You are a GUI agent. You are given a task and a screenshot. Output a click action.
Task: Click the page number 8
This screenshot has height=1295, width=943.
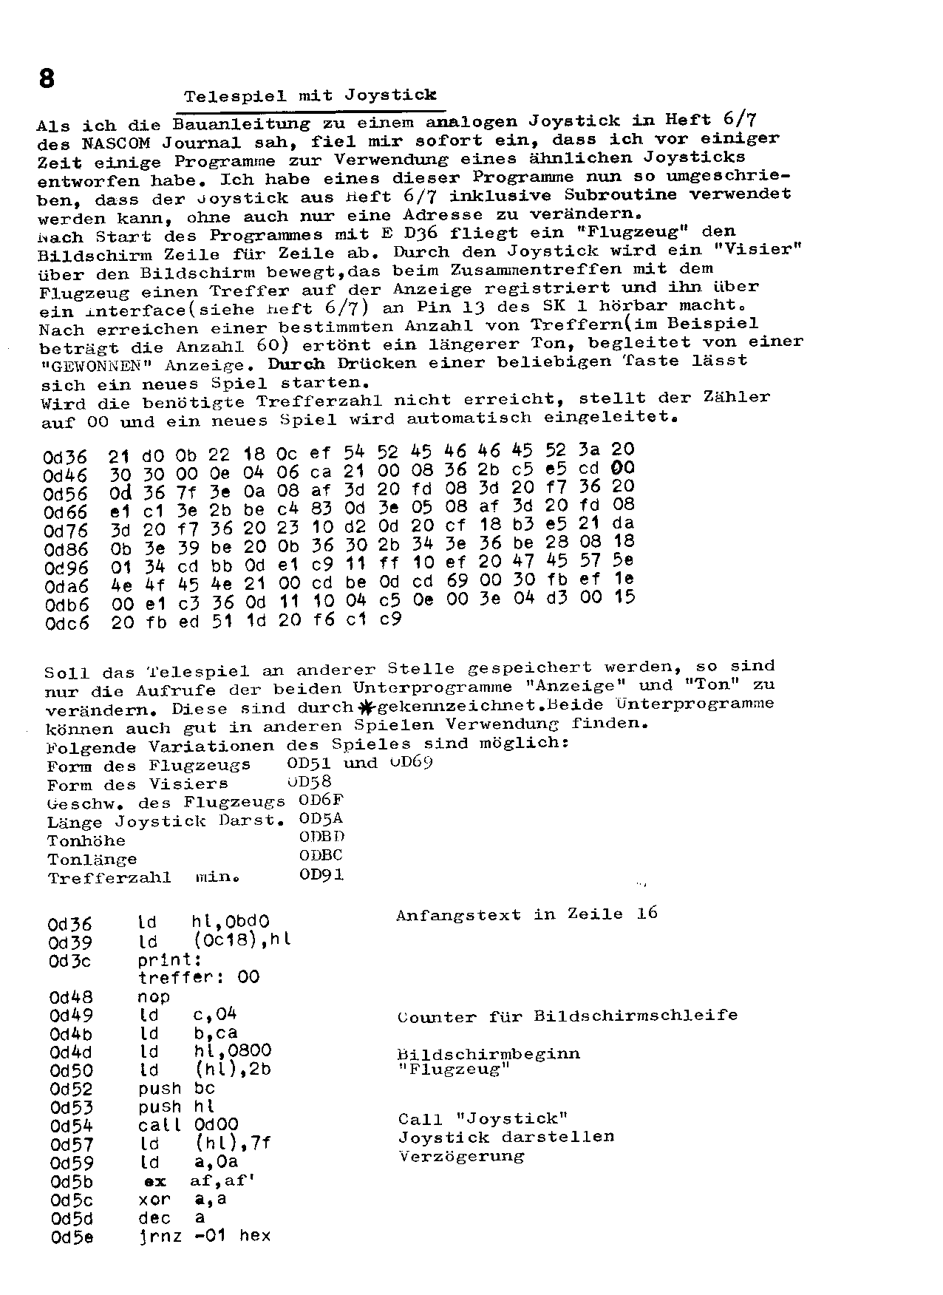pyautogui.click(x=47, y=77)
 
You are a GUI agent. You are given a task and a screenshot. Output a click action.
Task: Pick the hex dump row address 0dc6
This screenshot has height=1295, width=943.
pyautogui.click(x=66, y=624)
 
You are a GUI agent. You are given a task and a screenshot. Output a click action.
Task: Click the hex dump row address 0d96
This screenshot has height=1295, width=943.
pyautogui.click(x=66, y=568)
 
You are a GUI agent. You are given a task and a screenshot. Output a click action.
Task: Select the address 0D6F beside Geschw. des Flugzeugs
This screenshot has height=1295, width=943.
pyautogui.click(x=321, y=801)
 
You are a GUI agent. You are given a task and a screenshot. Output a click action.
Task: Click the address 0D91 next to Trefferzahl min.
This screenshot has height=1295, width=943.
pyautogui.click(x=321, y=875)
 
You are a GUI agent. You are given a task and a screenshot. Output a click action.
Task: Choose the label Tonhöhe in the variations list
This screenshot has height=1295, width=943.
pyautogui.click(x=86, y=841)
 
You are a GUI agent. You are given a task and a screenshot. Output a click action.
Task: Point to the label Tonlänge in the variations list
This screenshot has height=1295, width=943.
pyautogui.click(x=92, y=860)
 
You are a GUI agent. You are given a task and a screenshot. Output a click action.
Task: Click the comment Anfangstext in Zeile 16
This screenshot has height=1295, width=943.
pyautogui.click(x=526, y=914)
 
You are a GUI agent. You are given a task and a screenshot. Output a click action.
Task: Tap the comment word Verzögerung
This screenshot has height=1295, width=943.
pyautogui.click(x=461, y=1156)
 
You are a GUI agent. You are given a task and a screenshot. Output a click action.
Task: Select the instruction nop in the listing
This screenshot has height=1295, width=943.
pyautogui.click(x=154, y=997)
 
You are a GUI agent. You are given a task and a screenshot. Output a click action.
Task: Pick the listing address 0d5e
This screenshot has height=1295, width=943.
pyautogui.click(x=72, y=1237)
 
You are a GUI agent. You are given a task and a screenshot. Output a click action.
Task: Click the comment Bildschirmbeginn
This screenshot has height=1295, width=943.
pyautogui.click(x=488, y=1054)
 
